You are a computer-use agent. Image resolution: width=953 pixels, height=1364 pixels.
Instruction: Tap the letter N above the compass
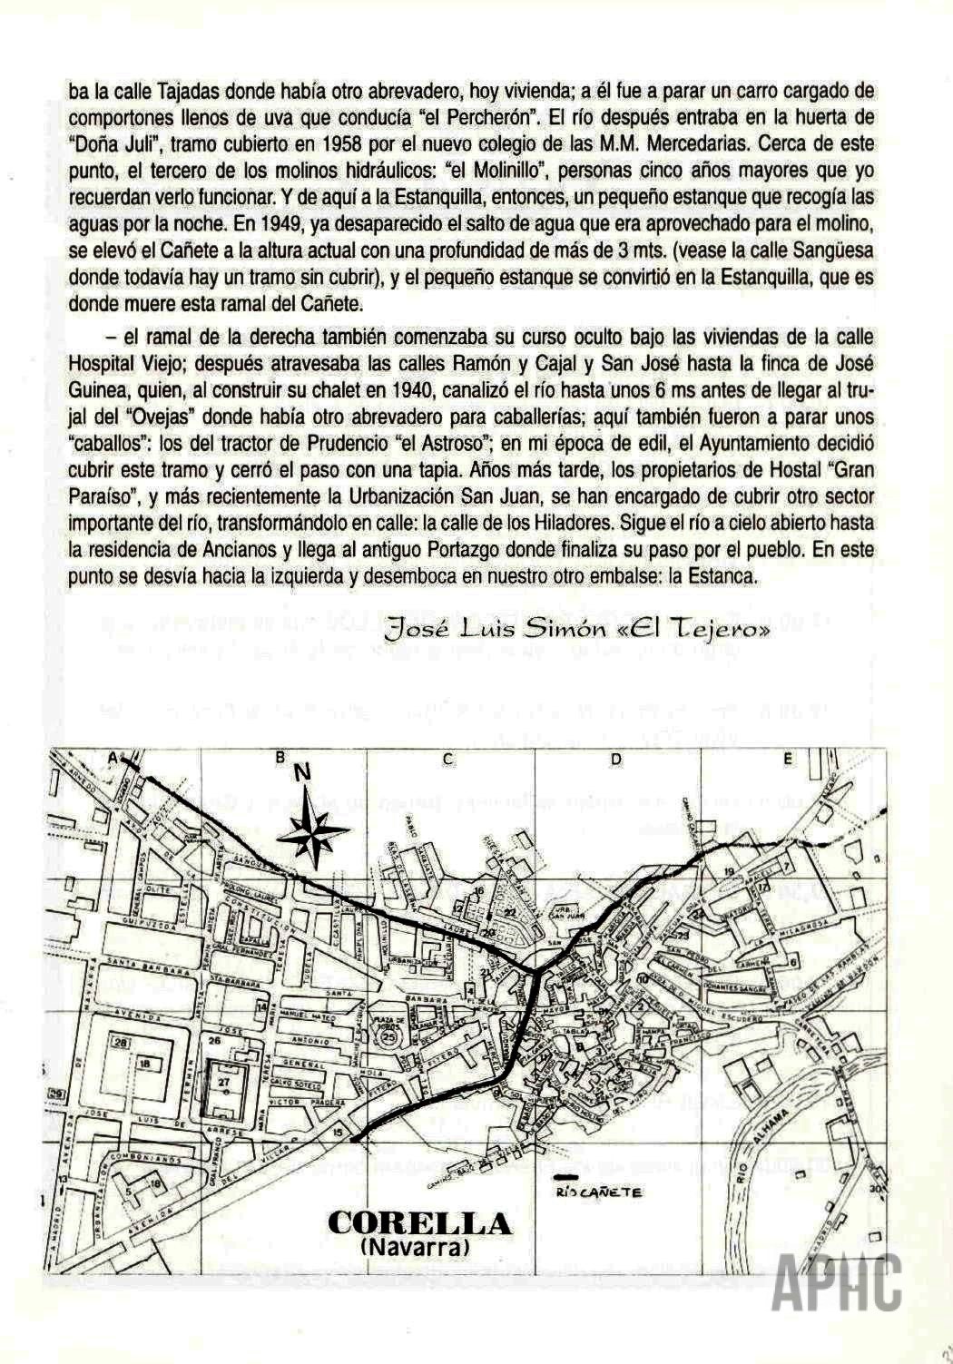(302, 772)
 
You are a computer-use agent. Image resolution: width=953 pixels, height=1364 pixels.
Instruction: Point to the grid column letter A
(114, 757)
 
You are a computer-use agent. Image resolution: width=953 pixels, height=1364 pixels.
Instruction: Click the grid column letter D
(615, 759)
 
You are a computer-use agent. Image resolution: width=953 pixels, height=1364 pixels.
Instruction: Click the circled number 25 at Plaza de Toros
(388, 1035)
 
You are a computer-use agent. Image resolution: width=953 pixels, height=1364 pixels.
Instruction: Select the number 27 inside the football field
(224, 1082)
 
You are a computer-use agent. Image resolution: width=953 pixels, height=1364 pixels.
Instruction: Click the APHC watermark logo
(837, 1281)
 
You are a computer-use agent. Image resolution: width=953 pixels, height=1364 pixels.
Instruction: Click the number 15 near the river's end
(339, 1133)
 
